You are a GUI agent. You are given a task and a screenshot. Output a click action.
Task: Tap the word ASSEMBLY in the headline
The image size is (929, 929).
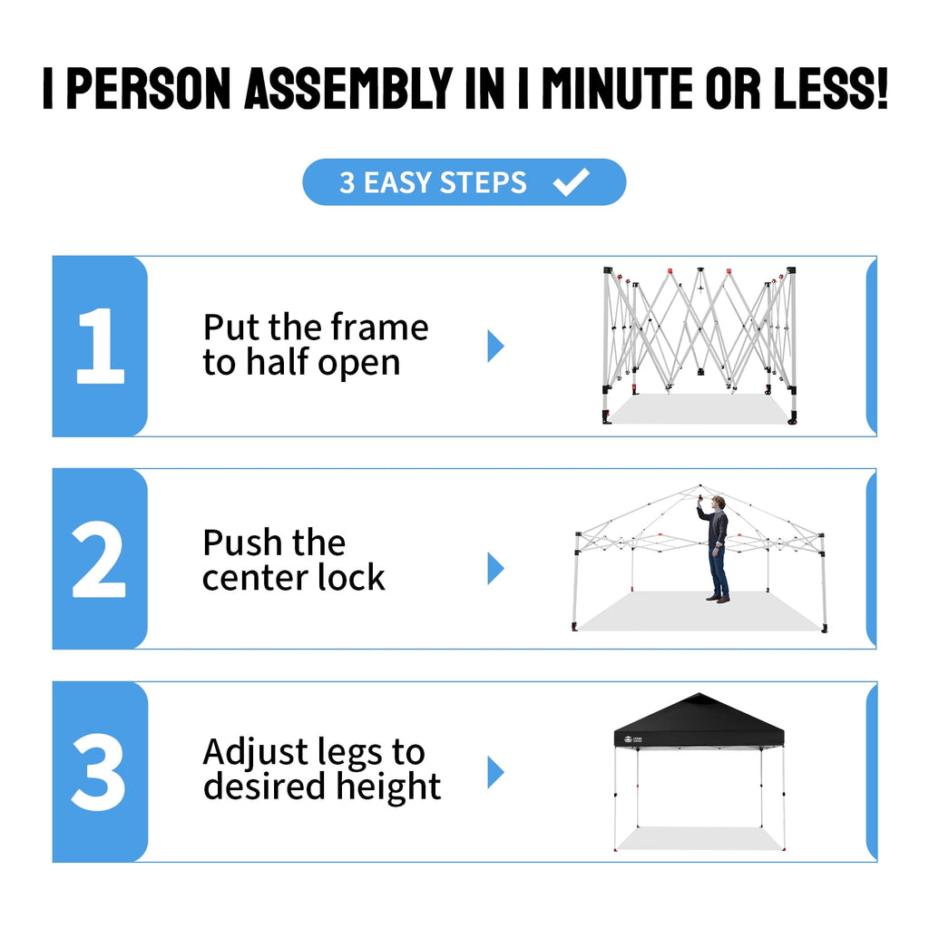[348, 88]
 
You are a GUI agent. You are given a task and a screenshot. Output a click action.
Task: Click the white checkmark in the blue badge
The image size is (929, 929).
[571, 181]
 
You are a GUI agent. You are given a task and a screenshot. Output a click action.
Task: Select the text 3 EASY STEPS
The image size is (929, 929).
[433, 182]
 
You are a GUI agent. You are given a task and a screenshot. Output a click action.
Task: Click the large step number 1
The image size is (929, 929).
[100, 346]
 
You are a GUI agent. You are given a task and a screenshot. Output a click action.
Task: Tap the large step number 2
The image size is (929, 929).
[99, 559]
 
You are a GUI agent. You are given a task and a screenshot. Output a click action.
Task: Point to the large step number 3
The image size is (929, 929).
[98, 772]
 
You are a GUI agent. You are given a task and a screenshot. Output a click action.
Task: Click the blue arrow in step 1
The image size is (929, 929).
[495, 346]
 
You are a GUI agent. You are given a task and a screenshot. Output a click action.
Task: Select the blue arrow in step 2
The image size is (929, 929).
[495, 568]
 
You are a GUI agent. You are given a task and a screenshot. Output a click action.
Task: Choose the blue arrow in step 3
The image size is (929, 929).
[495, 772]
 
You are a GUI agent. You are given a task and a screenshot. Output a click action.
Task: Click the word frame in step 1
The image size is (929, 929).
[379, 327]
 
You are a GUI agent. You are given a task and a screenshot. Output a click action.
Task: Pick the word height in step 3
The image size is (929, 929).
[388, 787]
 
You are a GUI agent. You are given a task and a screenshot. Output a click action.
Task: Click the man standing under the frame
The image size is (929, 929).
[715, 549]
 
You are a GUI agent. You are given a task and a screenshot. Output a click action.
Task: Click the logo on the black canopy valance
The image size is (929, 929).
[632, 739]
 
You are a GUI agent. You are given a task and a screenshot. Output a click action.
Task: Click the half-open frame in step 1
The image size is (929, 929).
[699, 346]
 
